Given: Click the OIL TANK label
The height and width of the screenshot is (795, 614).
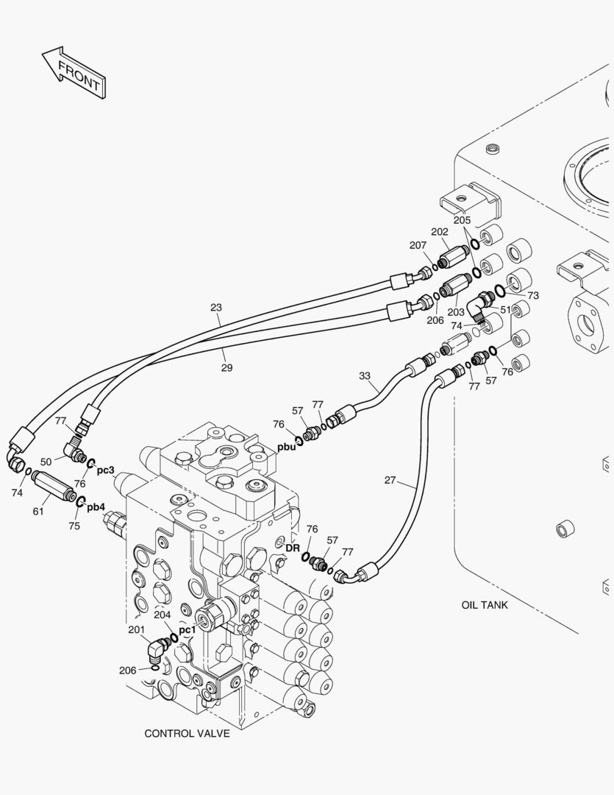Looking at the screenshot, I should coord(485,605).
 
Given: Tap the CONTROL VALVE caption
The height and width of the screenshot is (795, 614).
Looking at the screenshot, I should coord(187,733).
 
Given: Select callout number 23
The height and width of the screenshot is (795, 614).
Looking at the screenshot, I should coord(215,307).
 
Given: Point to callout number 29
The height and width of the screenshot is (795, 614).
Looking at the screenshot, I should coord(226,367).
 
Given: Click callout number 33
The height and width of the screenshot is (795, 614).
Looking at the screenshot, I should coord(365,375).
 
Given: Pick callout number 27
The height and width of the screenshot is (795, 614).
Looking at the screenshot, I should coord(390,481).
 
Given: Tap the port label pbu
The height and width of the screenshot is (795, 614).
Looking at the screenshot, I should coord(287,446).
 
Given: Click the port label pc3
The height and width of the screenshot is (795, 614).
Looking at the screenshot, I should coord(105,469).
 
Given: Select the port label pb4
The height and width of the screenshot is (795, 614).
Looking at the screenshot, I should coord(96,506).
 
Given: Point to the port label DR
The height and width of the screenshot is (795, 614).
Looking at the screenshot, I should coord(292,548).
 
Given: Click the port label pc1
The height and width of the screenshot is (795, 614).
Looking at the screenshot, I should coord(188,629).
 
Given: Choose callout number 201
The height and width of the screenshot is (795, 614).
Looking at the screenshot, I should coord(136,629).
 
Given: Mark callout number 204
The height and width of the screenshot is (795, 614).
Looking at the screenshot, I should coord(162,615).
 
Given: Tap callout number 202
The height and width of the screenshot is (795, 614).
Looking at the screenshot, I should coord(440,231).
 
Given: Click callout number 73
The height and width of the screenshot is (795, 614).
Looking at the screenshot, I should coord(533,295).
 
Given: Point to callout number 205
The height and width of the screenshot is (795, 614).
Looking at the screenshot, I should coord(462,220).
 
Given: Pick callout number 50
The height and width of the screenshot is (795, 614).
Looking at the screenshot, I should coord(46,462).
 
